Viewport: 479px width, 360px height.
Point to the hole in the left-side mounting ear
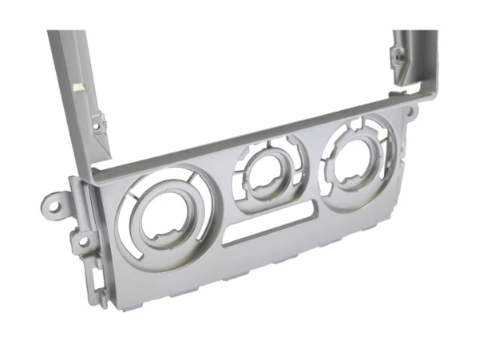pyautogui.click(x=54, y=203)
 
